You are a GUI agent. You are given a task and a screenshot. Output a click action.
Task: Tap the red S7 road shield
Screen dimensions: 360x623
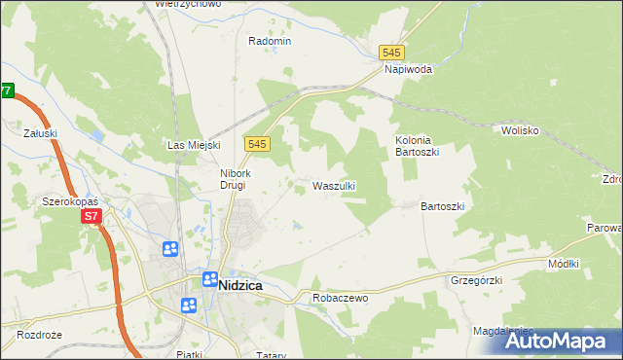[x=92, y=216]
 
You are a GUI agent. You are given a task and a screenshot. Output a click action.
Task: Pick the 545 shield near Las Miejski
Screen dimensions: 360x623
[x=257, y=143]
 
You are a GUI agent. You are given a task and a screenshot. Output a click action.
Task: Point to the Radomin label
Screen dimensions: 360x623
[x=270, y=41]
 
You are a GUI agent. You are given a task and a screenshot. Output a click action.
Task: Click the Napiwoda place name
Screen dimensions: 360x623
[x=408, y=70]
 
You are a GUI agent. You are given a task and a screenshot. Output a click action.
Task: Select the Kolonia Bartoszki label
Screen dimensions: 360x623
[x=421, y=147]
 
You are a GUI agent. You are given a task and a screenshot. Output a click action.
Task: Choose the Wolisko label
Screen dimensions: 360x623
[x=521, y=129]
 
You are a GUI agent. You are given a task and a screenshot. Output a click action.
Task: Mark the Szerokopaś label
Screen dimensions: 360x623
[x=65, y=200]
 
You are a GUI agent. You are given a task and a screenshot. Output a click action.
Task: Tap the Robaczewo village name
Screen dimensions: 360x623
[x=340, y=298]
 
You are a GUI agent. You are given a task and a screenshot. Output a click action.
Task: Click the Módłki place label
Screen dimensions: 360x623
[x=564, y=264]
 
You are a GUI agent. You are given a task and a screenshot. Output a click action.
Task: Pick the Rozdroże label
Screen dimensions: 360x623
[x=39, y=334]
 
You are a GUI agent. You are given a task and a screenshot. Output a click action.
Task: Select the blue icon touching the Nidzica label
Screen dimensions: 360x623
[x=209, y=280]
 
